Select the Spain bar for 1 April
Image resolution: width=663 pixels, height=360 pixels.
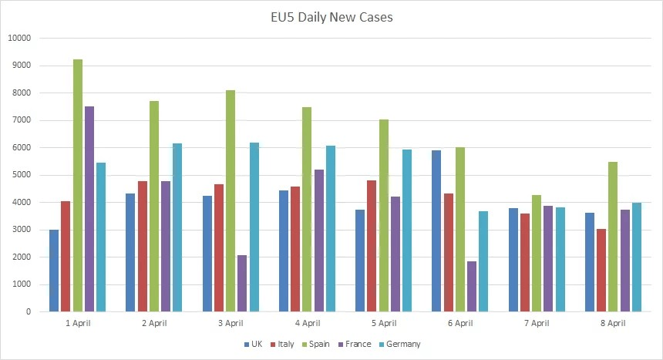click(77, 185)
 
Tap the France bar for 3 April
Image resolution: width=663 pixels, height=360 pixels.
click(242, 283)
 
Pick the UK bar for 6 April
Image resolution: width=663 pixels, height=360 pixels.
click(436, 230)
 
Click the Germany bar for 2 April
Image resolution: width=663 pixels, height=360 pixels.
click(177, 227)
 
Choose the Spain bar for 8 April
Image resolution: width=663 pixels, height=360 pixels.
click(613, 237)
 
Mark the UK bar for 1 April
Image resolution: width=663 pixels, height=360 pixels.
click(54, 271)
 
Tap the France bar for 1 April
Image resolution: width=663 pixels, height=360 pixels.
click(89, 209)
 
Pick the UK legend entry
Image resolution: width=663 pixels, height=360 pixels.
click(253, 344)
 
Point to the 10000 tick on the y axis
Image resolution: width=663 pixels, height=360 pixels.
click(19, 39)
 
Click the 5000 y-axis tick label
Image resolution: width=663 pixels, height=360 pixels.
click(21, 175)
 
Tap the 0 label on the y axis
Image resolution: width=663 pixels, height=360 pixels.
click(28, 311)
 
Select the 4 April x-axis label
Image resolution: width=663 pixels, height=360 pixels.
click(307, 323)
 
